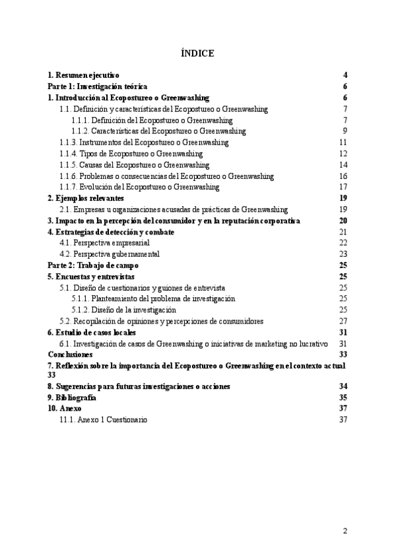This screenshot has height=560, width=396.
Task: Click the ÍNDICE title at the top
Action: tap(197, 53)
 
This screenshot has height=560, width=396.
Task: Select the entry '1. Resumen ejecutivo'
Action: tap(84, 75)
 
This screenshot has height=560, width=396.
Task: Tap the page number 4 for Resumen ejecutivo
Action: tap(345, 75)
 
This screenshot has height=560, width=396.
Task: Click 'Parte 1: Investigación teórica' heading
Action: tap(97, 87)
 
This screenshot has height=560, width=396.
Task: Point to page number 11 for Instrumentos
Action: tap(343, 142)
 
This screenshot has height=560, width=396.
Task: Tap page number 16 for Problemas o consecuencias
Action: tap(343, 176)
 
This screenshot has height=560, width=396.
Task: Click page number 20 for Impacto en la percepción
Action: tap(343, 221)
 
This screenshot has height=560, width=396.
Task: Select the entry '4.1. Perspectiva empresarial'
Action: tap(109, 243)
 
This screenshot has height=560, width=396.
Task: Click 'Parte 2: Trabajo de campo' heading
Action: tap(89, 265)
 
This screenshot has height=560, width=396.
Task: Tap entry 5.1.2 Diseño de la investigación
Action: tap(124, 310)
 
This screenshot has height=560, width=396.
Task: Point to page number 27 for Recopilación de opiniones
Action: tap(343, 321)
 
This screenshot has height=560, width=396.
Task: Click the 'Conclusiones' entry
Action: tap(70, 355)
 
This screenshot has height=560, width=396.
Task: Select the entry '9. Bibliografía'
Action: tap(72, 398)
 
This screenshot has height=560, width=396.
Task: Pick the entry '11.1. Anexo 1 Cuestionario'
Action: tap(104, 420)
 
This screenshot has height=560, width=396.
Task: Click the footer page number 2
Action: tap(345, 532)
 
